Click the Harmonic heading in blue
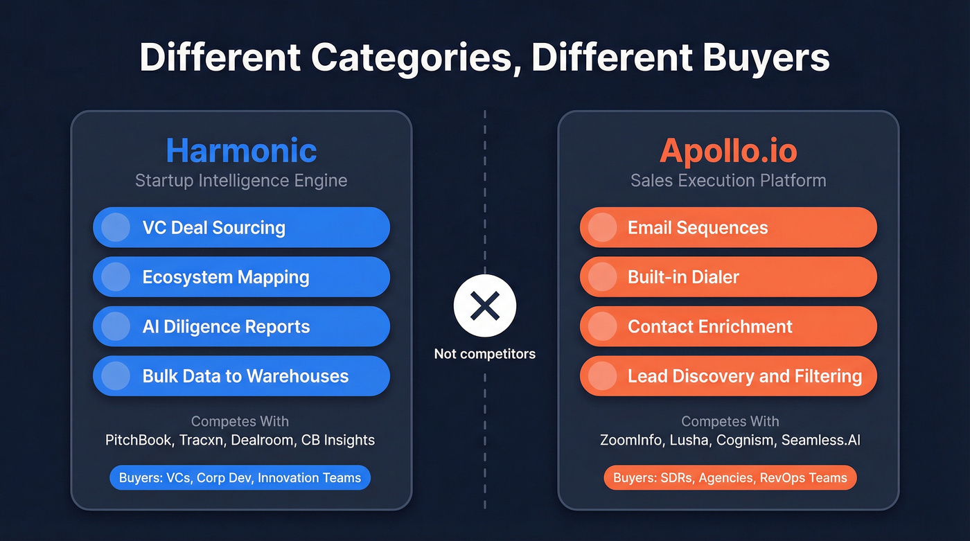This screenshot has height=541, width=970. click(x=241, y=151)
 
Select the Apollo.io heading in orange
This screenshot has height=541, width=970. click(x=728, y=151)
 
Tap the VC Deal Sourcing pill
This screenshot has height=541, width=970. click(x=241, y=227)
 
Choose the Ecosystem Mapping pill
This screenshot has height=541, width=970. click(x=241, y=277)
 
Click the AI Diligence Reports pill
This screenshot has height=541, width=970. click(x=241, y=326)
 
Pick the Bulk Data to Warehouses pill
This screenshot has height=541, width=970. click(x=241, y=376)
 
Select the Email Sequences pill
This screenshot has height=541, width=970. click(x=728, y=227)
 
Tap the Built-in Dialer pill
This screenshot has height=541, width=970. click(x=728, y=277)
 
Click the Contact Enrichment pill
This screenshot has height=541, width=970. click(x=728, y=326)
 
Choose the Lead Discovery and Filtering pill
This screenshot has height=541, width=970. click(x=728, y=376)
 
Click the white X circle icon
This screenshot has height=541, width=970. click(x=485, y=305)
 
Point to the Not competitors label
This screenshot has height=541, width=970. click(x=485, y=354)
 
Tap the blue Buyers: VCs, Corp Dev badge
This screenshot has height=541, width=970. click(x=240, y=478)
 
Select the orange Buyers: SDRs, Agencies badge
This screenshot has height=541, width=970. click(x=730, y=478)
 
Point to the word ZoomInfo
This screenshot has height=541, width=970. click(x=630, y=440)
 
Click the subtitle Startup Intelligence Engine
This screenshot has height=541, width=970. click(x=241, y=181)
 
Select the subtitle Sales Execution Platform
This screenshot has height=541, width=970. click(x=728, y=181)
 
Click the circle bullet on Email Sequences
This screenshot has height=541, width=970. click(x=603, y=227)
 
